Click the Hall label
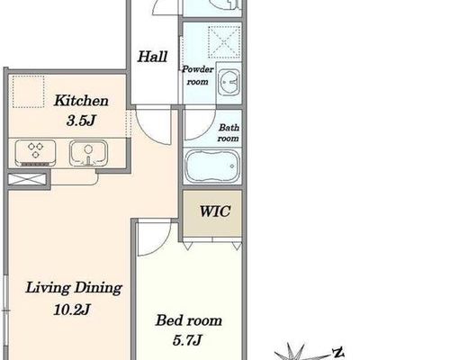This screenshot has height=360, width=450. point(152,57)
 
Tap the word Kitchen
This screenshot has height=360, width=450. point(81,101)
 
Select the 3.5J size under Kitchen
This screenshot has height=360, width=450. point(81,121)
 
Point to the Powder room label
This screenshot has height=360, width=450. point(198,76)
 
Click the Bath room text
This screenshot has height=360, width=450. point(229,132)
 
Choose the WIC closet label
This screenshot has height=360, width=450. point(215,211)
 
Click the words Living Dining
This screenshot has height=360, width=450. point(74,288)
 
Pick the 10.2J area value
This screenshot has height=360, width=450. point(72,310)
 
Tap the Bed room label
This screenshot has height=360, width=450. point(189,320)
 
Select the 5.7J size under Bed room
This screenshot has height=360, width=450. point(187,340)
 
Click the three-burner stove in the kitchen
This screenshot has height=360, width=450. point(35,153)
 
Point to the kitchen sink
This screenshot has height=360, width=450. point(88,153)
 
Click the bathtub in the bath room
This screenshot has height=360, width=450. point(212,166)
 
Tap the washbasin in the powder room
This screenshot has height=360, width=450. point(229,82)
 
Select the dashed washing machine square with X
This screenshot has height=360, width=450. point(224,41)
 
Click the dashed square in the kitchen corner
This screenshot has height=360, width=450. point(28,92)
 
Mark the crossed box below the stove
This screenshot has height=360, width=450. point(27,179)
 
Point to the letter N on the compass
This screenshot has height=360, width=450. point(339,352)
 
